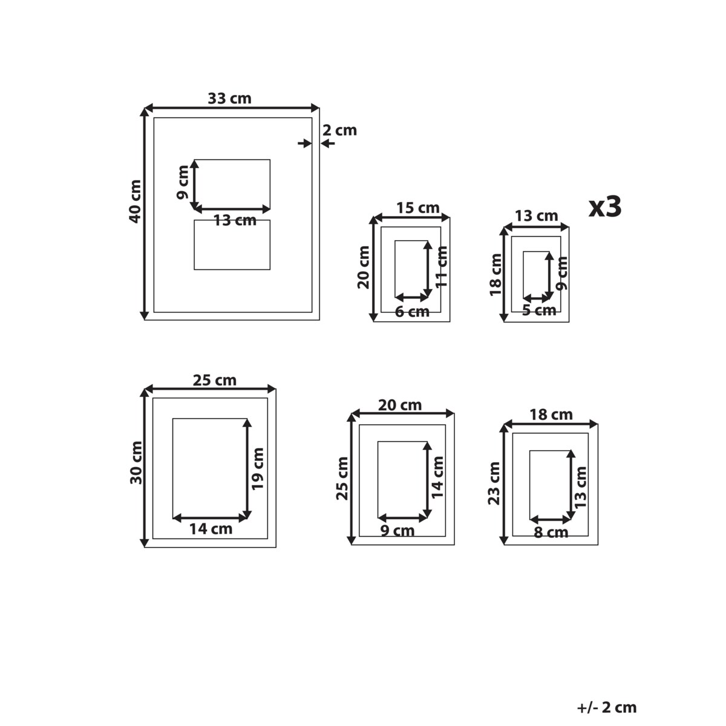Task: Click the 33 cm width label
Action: click(x=229, y=99)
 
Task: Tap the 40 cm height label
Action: click(x=135, y=201)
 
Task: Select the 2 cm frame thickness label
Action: click(x=339, y=130)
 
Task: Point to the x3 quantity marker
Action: click(x=605, y=207)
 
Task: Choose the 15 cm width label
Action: click(x=418, y=208)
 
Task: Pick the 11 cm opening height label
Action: click(x=441, y=267)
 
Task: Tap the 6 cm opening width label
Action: click(x=412, y=312)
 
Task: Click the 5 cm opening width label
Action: click(x=539, y=310)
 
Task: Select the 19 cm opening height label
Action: click(x=258, y=469)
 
